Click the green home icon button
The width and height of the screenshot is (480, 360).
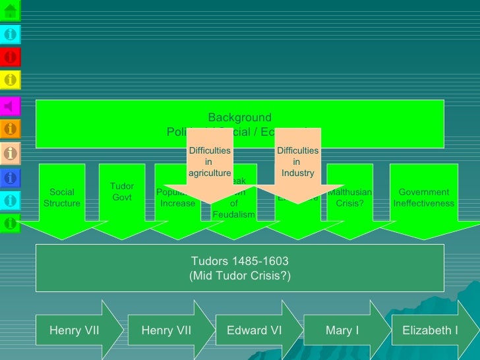click(11, 10)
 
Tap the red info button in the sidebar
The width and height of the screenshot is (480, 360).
click(11, 57)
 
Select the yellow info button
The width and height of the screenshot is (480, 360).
click(11, 80)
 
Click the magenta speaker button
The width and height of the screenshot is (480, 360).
click(11, 105)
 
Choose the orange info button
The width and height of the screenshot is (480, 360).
click(11, 129)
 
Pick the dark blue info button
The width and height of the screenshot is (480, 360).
click(11, 177)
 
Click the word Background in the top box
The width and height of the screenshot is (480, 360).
click(239, 118)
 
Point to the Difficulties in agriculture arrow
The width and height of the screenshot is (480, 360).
click(210, 162)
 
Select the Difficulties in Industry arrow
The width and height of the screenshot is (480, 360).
click(297, 162)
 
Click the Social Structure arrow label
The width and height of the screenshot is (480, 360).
click(61, 198)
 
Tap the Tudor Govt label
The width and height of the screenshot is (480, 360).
click(122, 192)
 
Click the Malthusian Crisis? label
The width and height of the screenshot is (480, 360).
click(349, 198)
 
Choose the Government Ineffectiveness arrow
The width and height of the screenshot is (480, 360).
click(423, 198)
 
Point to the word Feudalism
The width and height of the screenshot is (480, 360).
click(233, 215)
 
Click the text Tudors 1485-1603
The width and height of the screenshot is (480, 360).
click(239, 260)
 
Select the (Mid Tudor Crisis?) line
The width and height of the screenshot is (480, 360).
click(239, 275)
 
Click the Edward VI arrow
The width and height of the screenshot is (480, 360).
click(254, 330)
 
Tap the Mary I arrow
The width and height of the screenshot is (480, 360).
click(342, 330)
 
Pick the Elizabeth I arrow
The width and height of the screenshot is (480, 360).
click(430, 330)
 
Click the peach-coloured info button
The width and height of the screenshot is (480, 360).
click(11, 153)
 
